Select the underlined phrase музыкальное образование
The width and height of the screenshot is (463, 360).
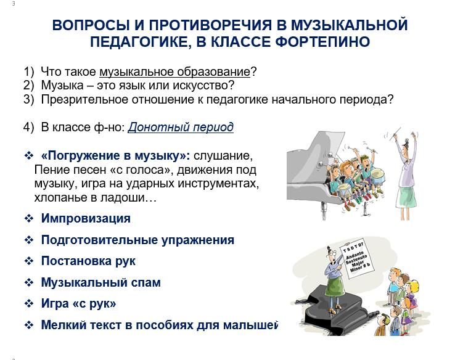(175, 72)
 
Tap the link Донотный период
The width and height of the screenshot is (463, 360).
(181, 127)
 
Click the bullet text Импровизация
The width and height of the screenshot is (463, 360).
(86, 219)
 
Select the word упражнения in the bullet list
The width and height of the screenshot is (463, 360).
(198, 240)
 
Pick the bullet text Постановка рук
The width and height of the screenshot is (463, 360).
(88, 261)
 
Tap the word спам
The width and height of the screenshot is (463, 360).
(146, 282)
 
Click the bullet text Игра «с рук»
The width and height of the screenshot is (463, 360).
(78, 303)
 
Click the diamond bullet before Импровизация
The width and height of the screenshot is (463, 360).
(29, 219)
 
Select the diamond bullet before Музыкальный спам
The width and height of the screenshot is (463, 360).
(29, 282)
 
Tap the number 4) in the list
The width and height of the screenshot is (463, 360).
(29, 127)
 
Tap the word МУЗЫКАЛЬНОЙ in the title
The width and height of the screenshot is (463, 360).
(350, 25)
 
